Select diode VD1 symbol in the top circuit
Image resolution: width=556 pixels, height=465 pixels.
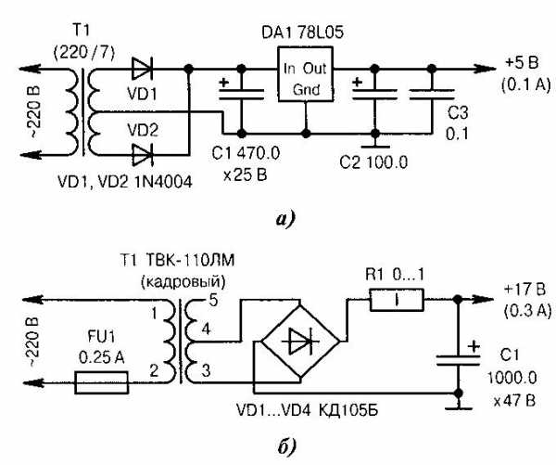[142, 67]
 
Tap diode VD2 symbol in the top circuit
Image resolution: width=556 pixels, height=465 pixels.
[142, 153]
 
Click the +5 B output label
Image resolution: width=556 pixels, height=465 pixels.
[523, 61]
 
